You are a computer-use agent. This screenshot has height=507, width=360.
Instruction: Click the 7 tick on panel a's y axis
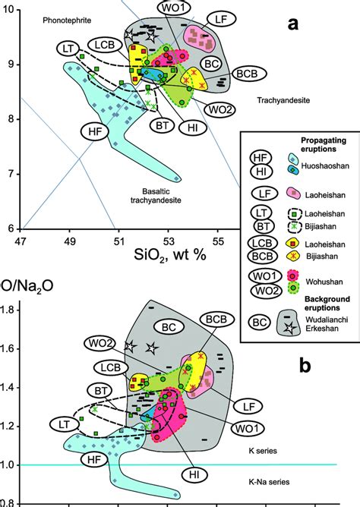[9, 174]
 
